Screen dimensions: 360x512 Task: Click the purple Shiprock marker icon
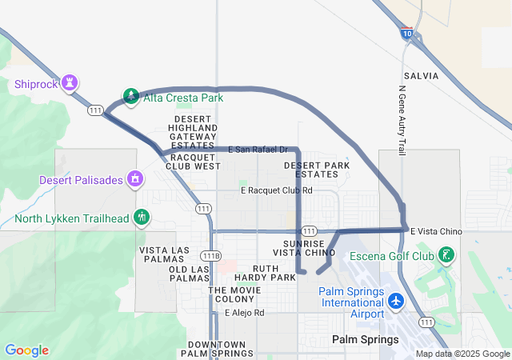70,82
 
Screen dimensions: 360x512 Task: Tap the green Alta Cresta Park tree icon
130,97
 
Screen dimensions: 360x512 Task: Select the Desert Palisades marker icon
135,179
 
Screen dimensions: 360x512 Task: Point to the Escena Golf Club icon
446,255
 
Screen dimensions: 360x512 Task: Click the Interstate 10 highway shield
407,34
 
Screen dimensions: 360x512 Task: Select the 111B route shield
210,255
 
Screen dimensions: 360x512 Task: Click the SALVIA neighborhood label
422,75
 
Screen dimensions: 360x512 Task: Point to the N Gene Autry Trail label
401,117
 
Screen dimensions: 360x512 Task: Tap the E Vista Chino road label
436,231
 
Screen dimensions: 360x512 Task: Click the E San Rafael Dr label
258,150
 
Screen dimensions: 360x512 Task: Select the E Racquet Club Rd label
276,190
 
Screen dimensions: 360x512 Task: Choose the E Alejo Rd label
244,313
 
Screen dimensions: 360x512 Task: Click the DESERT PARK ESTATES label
317,170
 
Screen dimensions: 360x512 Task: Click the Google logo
26,350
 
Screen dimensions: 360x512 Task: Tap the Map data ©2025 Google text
462,354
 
